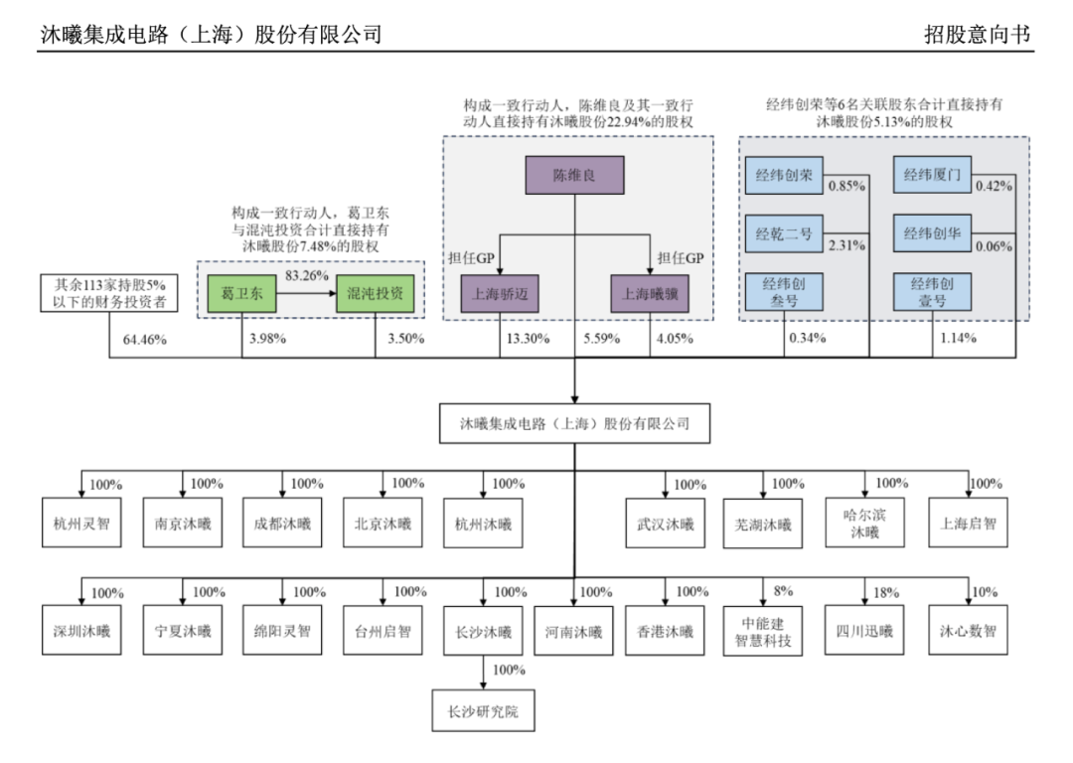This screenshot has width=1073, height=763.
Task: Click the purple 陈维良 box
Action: point(574,175)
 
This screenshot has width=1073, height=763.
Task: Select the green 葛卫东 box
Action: point(241,295)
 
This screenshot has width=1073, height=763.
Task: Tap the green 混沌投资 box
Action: point(375,295)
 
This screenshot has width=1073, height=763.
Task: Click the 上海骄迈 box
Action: point(499,294)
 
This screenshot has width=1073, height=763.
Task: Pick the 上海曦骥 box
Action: point(650,294)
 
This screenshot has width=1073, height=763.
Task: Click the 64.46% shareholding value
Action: point(145,340)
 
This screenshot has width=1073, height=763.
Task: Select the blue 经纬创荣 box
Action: point(784,176)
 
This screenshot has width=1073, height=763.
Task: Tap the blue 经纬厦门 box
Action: point(932,176)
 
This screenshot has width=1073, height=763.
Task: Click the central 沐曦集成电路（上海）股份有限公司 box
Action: point(574,423)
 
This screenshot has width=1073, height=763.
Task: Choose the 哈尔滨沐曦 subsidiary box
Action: point(864,524)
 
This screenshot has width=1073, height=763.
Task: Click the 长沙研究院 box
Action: point(484,712)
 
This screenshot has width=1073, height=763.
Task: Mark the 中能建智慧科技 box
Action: point(763,632)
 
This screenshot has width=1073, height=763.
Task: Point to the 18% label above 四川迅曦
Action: point(885,593)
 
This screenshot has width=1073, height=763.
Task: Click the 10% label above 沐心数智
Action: point(984,592)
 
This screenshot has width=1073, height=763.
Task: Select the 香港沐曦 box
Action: point(665,632)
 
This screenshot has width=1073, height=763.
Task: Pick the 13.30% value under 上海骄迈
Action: point(524,340)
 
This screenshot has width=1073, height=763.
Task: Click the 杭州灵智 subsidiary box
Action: point(81,524)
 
